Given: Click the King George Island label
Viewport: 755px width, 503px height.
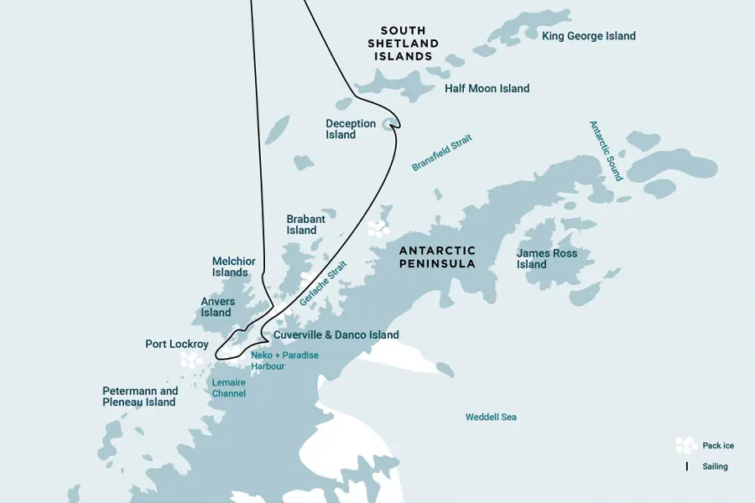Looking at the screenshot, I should point(588,36).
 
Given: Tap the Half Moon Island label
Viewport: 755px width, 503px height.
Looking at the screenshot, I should point(487,88).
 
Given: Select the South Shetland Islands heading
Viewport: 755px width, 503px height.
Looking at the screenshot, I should point(404,44).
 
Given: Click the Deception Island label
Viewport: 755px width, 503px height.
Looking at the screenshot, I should point(351,129).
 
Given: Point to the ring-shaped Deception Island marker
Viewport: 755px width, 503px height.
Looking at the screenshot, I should point(388,125).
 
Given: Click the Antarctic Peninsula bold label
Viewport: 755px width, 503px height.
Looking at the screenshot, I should point(437,257).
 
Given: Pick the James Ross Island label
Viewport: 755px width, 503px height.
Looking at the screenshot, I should point(547,258).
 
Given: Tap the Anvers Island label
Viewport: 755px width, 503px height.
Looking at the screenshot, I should point(217,307).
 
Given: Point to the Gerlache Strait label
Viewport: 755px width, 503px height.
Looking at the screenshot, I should point(323,282).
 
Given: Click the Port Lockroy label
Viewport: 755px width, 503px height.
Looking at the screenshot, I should point(177,344).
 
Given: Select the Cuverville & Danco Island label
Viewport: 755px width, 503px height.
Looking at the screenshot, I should point(336,335).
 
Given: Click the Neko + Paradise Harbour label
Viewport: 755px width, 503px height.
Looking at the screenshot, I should point(284,360).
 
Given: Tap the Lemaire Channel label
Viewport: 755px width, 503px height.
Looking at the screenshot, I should point(228,387).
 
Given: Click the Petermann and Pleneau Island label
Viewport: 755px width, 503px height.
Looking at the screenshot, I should point(140,397).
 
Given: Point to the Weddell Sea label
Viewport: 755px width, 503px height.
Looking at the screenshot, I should point(491,417).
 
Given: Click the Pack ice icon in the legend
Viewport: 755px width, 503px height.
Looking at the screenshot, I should point(686,445).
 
